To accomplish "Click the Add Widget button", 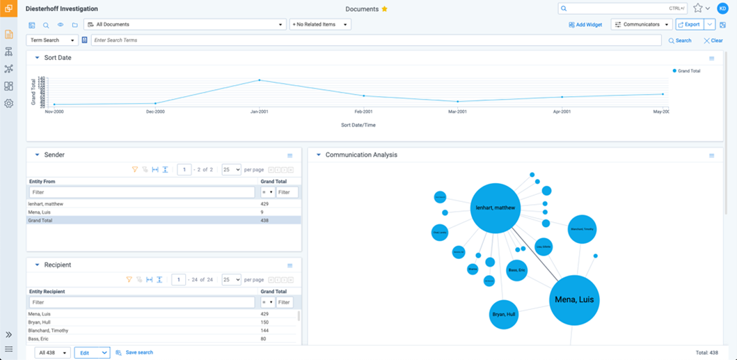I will [x=585, y=24].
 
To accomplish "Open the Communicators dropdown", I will [x=641, y=24].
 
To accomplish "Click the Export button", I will [x=689, y=24].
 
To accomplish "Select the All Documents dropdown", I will [x=184, y=24].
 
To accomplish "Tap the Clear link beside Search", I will [x=713, y=40].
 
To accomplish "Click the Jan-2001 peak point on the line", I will [x=260, y=80].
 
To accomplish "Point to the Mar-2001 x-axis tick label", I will [x=457, y=111].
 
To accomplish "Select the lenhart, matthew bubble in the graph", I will [x=495, y=208].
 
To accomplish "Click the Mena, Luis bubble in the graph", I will [x=575, y=300].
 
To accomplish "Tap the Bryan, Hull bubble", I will [x=504, y=315].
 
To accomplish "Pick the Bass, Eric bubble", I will [x=516, y=270].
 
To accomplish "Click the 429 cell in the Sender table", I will [x=264, y=204].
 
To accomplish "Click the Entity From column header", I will [x=42, y=182].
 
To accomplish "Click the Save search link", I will [x=138, y=352].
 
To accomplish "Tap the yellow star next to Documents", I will [x=384, y=9].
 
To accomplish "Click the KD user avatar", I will [x=722, y=8].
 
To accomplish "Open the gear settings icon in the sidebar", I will [x=9, y=104].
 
